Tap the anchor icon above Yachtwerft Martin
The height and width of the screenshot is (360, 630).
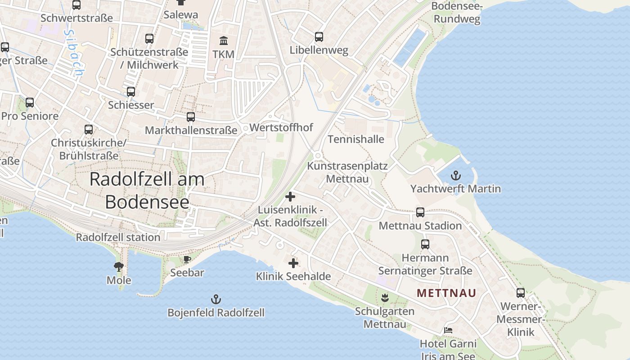(x=456, y=175)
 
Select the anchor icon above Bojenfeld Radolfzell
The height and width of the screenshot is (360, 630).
(x=216, y=299)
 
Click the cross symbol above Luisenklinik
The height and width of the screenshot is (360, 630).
(x=290, y=197)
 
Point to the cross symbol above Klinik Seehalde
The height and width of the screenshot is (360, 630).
(x=293, y=263)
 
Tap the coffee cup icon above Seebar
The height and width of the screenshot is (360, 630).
(x=187, y=260)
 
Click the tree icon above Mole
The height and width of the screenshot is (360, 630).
(x=119, y=267)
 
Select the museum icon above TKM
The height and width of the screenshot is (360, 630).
(x=223, y=41)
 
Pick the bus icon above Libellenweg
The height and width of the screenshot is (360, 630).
(x=319, y=37)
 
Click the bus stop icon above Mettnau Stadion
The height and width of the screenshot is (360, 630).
(x=420, y=212)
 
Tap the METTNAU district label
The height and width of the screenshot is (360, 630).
(x=446, y=293)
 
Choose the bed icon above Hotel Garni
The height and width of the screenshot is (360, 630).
(x=448, y=330)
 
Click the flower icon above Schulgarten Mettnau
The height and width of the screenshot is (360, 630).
(x=385, y=297)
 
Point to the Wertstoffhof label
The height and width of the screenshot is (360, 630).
(x=281, y=127)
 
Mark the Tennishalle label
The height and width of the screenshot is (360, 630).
(x=355, y=139)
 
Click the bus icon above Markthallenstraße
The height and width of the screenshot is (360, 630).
(x=191, y=117)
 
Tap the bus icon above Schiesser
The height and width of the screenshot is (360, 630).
(x=131, y=92)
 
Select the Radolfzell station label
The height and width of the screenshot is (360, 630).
(x=118, y=237)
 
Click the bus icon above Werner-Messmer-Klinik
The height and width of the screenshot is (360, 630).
(x=521, y=293)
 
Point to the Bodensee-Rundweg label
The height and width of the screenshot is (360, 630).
(x=456, y=13)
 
